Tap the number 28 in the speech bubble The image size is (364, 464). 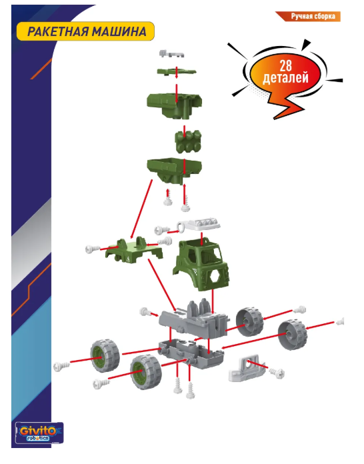[285, 66]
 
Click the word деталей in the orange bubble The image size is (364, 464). [285, 78]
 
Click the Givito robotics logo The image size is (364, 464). [39, 433]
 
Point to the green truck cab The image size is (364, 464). [201, 265]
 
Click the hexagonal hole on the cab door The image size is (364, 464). [217, 277]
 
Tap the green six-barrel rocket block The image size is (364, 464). [188, 142]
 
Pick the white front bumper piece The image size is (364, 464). [245, 369]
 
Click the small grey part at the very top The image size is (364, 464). [172, 54]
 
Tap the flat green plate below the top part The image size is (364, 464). [177, 72]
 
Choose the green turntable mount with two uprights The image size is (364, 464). [134, 251]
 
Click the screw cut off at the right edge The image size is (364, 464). [340, 321]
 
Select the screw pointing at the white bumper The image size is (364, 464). [277, 373]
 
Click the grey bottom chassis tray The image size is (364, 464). [191, 353]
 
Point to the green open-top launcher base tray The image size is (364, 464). [174, 170]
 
